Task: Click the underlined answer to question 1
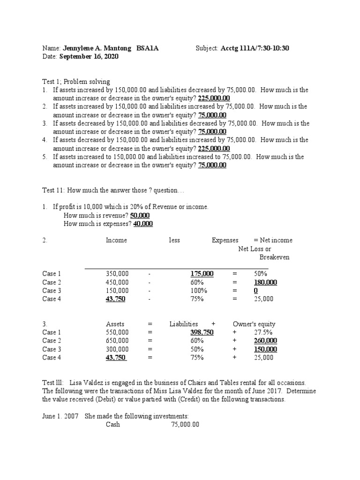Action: pos(214,98)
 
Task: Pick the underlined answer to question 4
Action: pos(214,149)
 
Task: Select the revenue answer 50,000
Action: pos(140,216)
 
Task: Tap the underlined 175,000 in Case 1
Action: pos(202,274)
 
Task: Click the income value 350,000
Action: pos(117,274)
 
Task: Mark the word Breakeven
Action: pos(274,257)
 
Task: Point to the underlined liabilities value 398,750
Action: pos(202,332)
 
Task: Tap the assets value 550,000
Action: pos(117,332)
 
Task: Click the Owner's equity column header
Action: pos(254,324)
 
